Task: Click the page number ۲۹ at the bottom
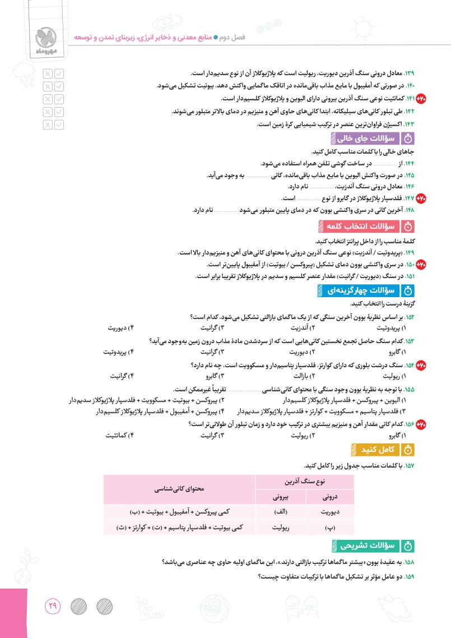53,607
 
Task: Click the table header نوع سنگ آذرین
305,481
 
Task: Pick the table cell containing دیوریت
331,512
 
